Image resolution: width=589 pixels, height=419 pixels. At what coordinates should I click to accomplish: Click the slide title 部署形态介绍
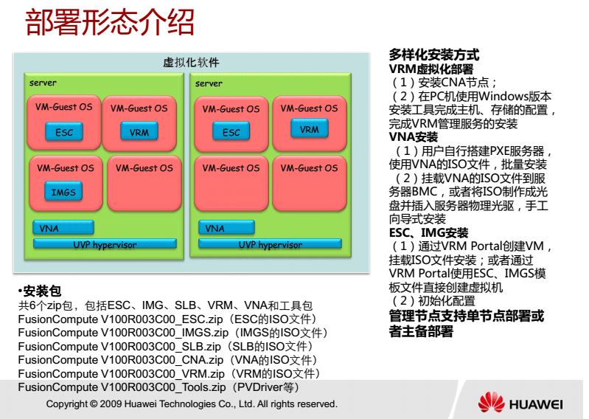pos(111,24)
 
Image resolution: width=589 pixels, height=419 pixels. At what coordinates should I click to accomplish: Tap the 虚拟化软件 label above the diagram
pos(191,63)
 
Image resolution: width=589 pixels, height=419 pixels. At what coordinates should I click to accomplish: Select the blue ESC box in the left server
pos(64,133)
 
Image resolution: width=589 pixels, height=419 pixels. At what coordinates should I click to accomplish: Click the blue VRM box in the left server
pos(139,132)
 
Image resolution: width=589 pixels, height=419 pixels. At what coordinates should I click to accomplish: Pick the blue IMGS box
pos(63,193)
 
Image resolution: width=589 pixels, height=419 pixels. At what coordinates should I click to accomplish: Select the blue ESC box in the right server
pos(231,132)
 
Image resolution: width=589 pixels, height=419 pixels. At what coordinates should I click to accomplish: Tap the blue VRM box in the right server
pos(310,129)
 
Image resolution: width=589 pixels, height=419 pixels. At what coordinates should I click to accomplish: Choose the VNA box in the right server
pos(229,228)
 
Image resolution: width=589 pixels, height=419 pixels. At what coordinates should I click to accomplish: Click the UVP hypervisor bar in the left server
pos(105,244)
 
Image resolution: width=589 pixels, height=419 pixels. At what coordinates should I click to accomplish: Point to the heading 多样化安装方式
pos(433,55)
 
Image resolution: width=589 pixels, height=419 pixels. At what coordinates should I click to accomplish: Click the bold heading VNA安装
pos(413,137)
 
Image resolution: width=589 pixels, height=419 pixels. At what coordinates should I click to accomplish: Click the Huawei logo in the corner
pos(520,404)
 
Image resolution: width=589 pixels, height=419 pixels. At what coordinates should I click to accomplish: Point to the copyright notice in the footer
pos(192,404)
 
